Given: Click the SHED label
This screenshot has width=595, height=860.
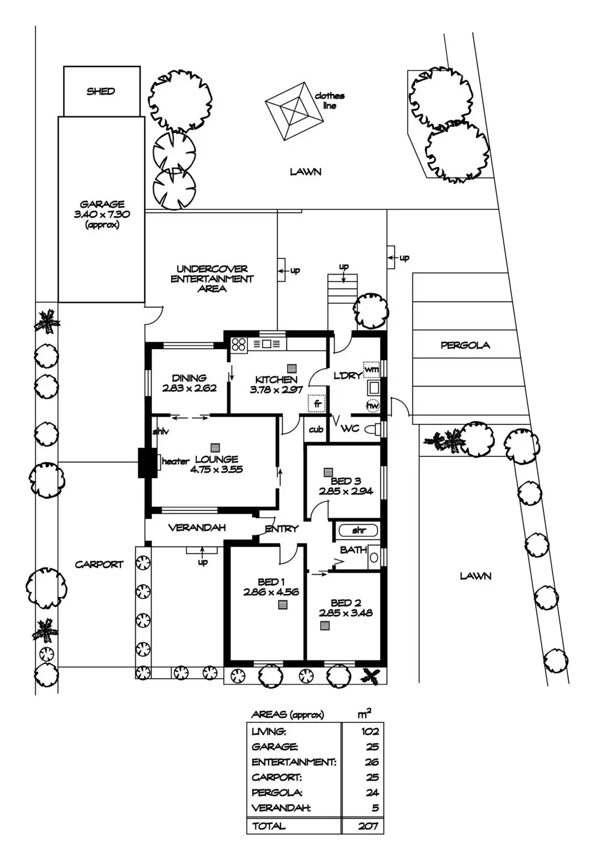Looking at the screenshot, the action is coord(100,91).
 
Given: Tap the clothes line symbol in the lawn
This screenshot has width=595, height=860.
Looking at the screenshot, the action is coord(294,111).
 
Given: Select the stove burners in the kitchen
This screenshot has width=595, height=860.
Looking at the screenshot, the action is coord(239,343).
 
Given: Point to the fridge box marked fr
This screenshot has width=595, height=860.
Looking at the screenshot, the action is coord(317,404).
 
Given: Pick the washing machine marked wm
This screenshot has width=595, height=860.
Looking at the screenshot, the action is coord(371,369).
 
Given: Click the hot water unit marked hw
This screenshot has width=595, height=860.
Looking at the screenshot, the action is coord(372,405).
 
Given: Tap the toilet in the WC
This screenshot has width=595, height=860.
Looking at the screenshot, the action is coord(372,429).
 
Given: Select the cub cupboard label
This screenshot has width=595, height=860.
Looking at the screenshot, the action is coord(316,429).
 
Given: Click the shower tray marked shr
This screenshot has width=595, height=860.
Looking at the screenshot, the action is coord(359,530).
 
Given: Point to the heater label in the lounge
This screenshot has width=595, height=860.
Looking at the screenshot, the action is coord(176,461).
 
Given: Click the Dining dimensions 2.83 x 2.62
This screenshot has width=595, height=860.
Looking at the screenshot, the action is coord(189,388).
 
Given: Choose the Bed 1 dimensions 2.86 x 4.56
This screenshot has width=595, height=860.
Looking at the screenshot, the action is coord(271,592).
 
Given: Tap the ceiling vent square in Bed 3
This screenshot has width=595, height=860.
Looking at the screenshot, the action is coord(328,472).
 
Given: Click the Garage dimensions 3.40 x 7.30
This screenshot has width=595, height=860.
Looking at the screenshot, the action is coord(102,214).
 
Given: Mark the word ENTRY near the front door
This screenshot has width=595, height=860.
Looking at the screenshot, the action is coord(282,529).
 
